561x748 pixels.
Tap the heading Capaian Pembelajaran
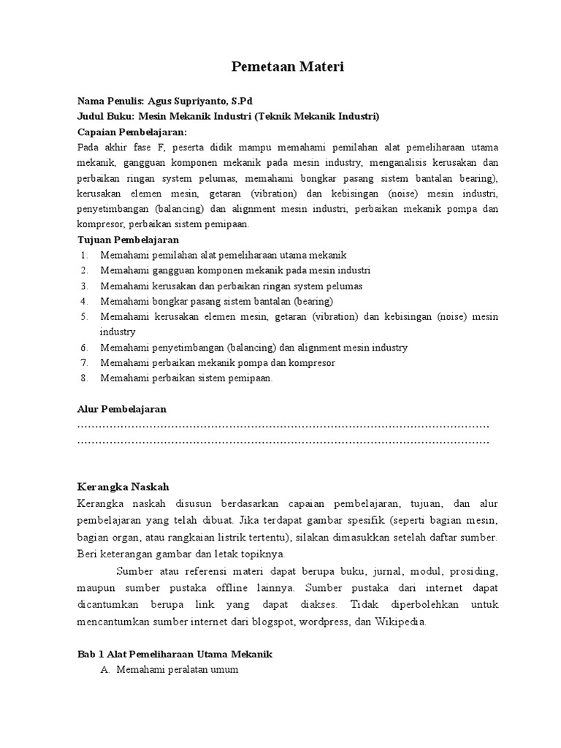pos(132,131)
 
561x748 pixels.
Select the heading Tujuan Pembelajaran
pos(128,240)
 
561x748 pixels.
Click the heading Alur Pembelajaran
pos(122,409)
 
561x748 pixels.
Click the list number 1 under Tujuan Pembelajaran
pos(85,255)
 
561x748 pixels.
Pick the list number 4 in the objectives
pos(85,301)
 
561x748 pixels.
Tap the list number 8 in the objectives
pos(85,378)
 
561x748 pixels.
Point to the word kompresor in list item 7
pos(313,362)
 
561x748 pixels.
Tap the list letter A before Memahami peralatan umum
pos(104,671)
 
